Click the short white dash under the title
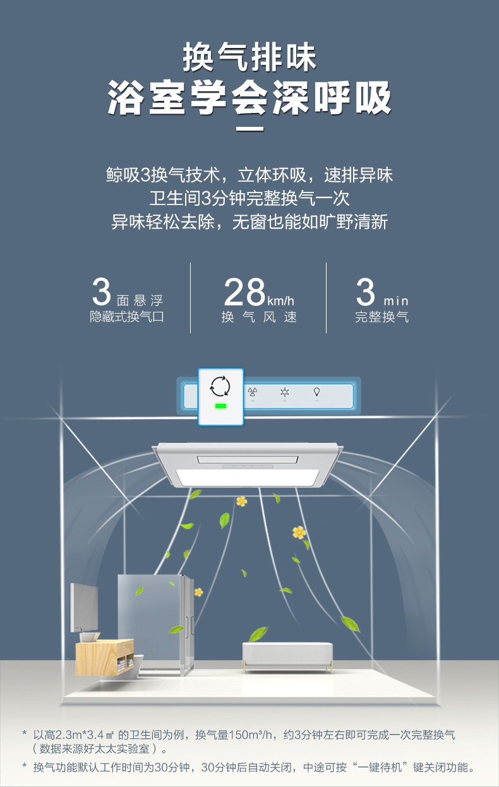click(249, 131)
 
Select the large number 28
click(244, 292)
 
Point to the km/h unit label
click(281, 300)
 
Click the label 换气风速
click(259, 317)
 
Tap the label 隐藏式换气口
click(126, 317)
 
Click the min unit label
click(396, 300)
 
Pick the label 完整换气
click(382, 317)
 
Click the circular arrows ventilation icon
click(220, 386)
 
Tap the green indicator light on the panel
click(220, 406)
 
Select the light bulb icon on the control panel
click(316, 392)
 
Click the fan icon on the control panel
click(252, 392)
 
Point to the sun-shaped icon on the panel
click(284, 392)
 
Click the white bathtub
click(287, 655)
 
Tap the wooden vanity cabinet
click(104, 656)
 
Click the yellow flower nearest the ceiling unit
click(241, 501)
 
